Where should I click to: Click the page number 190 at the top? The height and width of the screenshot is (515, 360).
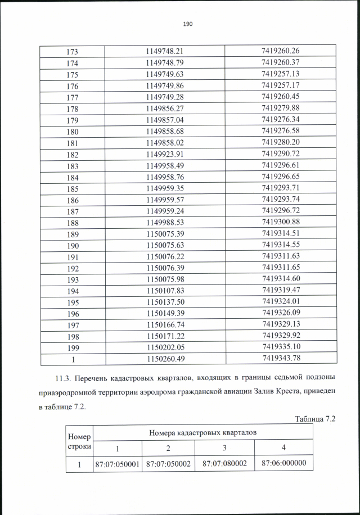point(188,24)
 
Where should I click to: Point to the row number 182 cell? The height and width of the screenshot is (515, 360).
point(72,154)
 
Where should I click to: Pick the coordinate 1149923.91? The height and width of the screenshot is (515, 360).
point(165,154)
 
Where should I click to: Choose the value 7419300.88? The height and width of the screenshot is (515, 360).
point(280,222)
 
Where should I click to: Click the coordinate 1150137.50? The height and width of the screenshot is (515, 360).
point(165,302)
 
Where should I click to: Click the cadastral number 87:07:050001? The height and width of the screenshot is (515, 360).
point(118,464)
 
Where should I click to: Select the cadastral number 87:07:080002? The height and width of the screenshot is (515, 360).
point(224,464)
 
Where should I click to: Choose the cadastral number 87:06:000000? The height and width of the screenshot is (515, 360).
point(283,463)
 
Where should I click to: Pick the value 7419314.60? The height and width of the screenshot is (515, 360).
point(280,279)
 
